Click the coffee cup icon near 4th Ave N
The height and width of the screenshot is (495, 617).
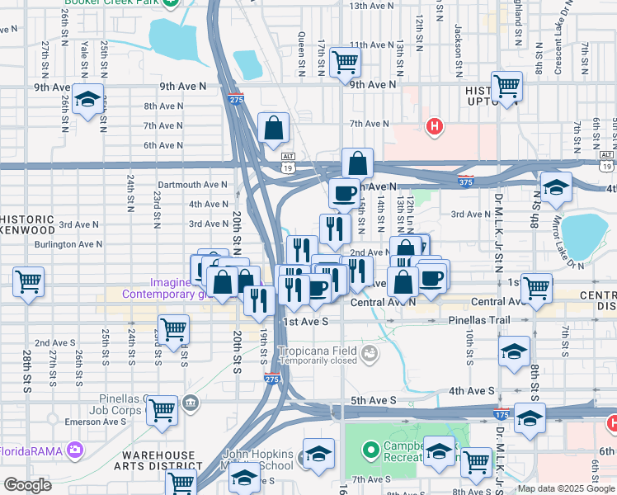[343, 193]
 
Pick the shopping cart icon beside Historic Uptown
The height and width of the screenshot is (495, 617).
[506, 85]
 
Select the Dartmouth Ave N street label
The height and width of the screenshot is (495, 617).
[191, 185]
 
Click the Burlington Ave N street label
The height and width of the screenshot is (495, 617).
[68, 244]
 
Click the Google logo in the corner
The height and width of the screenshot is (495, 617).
[26, 485]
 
